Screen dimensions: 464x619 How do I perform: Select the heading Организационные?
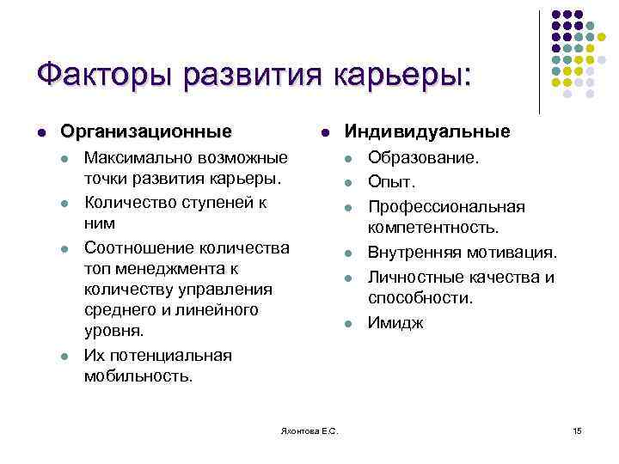145,131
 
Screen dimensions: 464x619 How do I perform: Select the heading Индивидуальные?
427,131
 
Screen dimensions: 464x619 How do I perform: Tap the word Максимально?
138,159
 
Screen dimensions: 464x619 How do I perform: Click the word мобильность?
138,375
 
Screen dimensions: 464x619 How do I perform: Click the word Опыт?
391,182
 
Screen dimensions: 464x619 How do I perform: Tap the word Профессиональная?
446,207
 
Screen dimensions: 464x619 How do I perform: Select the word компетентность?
433,227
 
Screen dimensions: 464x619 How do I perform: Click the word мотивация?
516,253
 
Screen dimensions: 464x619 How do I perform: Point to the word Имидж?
395,324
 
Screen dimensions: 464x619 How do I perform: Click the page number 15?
577,430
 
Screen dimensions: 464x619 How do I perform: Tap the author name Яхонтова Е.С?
309,430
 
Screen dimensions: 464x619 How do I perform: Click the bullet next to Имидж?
348,325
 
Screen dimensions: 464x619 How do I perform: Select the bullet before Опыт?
348,183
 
